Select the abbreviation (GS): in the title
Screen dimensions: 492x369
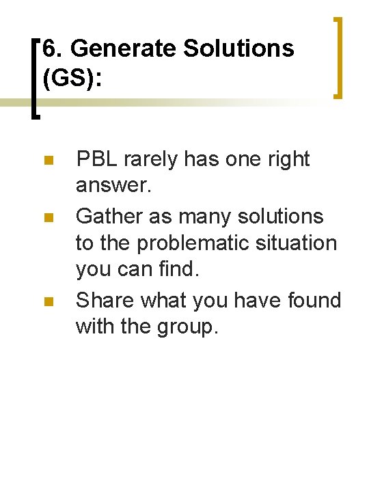[72, 78]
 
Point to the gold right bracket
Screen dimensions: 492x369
[337, 58]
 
